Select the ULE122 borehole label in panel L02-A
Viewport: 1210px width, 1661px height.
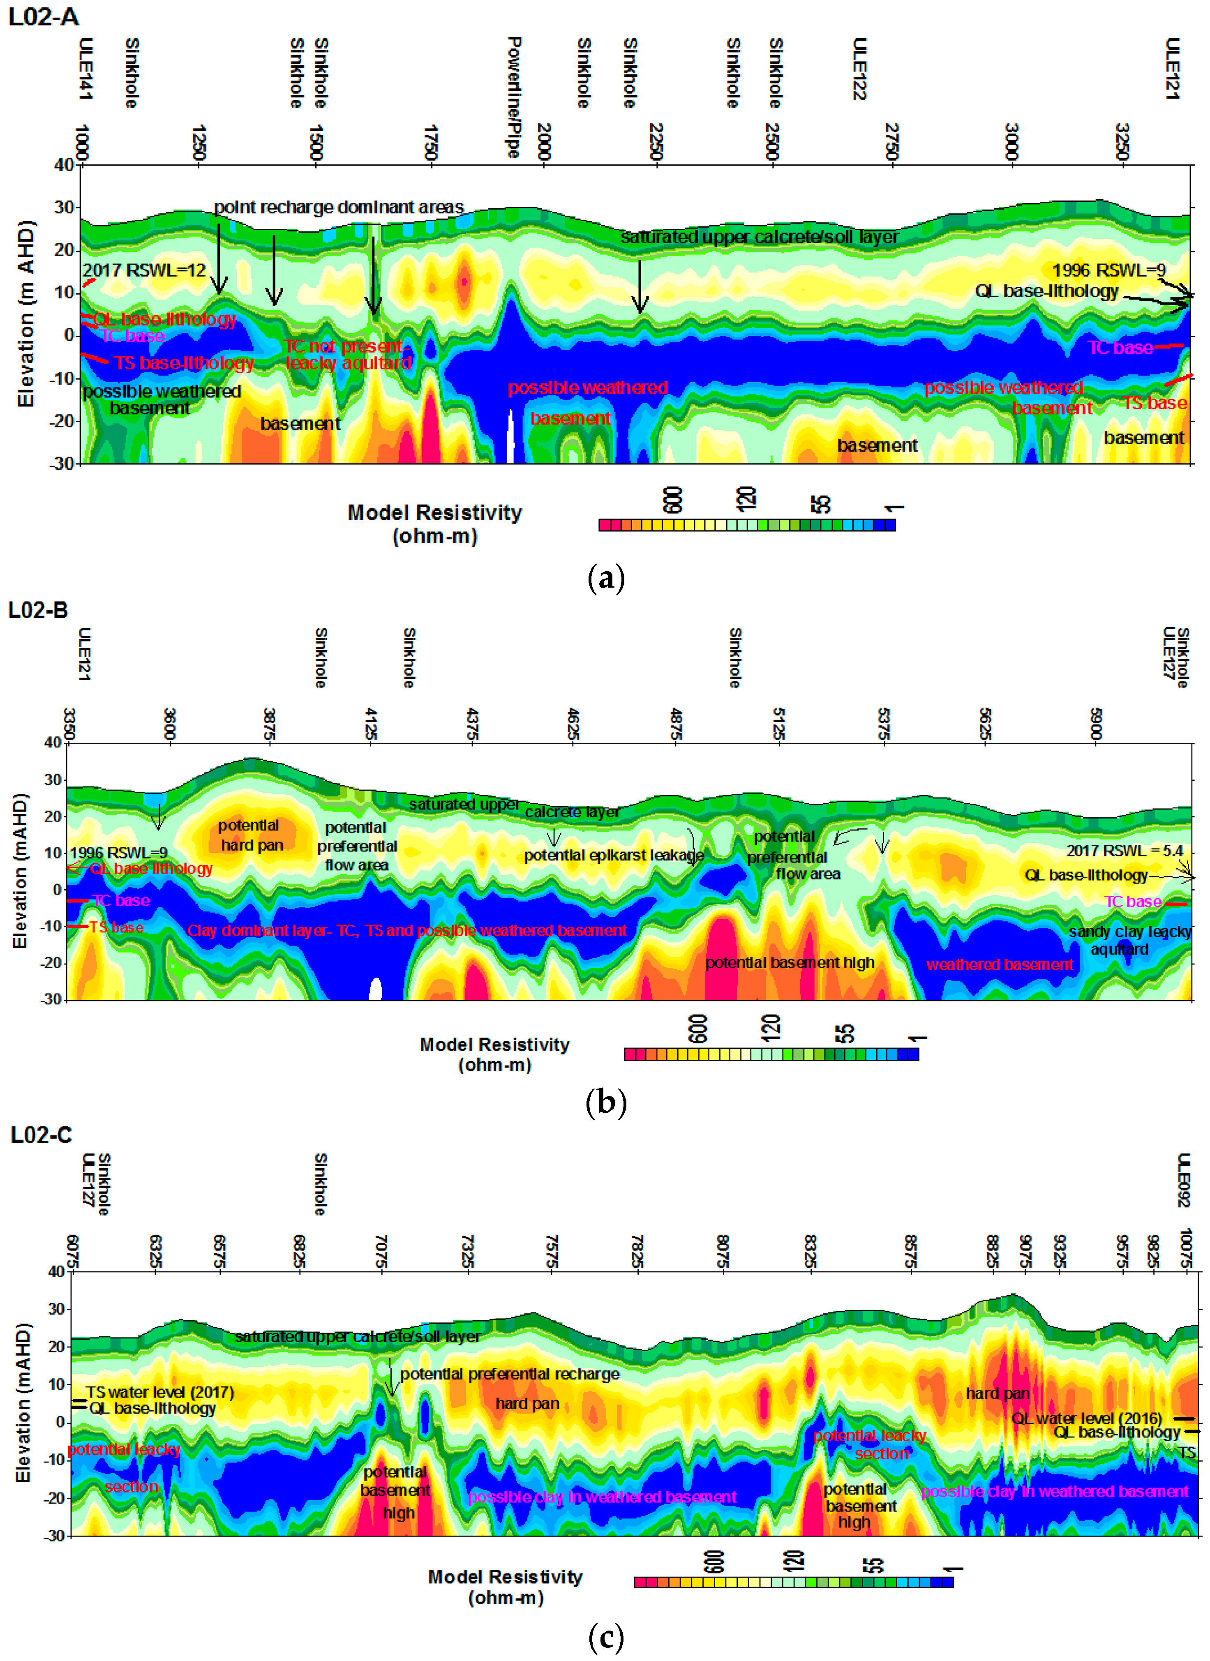point(860,69)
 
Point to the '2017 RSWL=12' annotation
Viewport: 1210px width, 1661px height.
point(144,270)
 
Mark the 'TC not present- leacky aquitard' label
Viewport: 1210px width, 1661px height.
point(347,355)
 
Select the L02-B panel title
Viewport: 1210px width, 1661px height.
point(38,610)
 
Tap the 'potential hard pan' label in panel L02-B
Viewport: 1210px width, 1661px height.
point(250,835)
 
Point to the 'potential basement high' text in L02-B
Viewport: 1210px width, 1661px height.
point(790,962)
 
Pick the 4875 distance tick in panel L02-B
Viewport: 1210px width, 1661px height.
point(675,725)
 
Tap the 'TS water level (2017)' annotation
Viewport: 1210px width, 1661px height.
point(159,1391)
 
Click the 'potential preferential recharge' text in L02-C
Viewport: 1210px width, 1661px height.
point(510,1374)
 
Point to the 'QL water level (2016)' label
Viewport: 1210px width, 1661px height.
point(1087,1419)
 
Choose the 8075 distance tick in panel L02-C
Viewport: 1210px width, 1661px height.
point(722,1252)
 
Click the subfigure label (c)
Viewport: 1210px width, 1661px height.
point(606,1638)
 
